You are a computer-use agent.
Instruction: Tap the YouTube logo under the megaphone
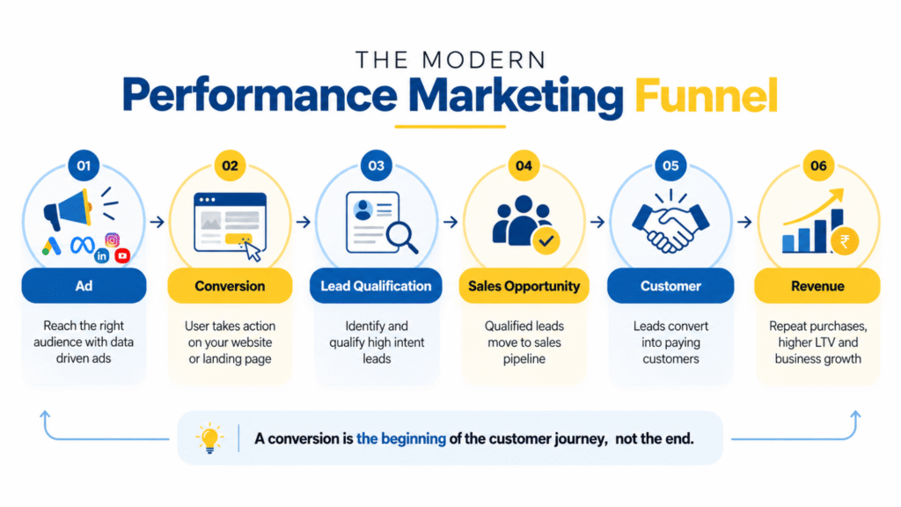121,255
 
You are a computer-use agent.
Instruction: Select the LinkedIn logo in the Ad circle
102,256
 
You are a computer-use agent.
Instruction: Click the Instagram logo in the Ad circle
112,239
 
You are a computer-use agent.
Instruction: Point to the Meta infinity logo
82,246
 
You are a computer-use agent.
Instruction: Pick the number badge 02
230,165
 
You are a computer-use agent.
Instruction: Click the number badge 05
670,165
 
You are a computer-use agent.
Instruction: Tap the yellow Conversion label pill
230,286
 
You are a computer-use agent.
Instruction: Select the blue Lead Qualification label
376,286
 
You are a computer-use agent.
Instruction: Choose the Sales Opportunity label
524,286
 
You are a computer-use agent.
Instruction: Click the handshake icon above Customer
670,224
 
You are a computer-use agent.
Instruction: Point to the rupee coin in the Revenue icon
845,241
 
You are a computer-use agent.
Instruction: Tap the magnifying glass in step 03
401,237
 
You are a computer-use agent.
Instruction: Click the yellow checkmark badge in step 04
546,240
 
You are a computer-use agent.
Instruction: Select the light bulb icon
209,438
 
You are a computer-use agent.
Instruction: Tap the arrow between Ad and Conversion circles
157,222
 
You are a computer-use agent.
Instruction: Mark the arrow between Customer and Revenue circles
744,222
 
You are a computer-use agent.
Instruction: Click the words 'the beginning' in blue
401,438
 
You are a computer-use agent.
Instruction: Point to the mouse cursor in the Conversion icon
253,251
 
